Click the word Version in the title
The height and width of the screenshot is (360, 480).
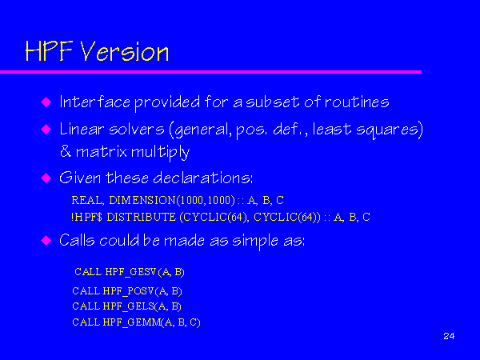pyautogui.click(x=125, y=51)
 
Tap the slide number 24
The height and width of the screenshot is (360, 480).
pyautogui.click(x=449, y=336)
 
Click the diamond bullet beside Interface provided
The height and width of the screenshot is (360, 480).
pyautogui.click(x=46, y=102)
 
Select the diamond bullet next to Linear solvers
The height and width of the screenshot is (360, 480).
pyautogui.click(x=46, y=129)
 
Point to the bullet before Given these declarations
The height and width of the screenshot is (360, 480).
pyautogui.click(x=46, y=178)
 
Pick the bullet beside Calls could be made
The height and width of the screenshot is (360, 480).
pyautogui.click(x=46, y=240)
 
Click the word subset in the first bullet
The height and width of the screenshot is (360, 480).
pyautogui.click(x=273, y=102)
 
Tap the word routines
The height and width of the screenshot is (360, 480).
pyautogui.click(x=357, y=102)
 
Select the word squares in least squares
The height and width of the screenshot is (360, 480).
pyautogui.click(x=387, y=130)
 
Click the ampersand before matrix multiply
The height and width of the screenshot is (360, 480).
pyautogui.click(x=66, y=151)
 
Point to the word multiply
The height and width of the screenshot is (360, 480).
pyautogui.click(x=161, y=152)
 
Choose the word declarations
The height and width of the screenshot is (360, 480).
pyautogui.click(x=202, y=178)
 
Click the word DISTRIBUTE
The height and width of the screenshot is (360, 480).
pyautogui.click(x=142, y=217)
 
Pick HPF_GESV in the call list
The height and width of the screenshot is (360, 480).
pyautogui.click(x=130, y=272)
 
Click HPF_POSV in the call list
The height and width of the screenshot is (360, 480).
pyautogui.click(x=128, y=291)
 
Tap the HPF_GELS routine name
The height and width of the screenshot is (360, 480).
pyautogui.click(x=128, y=306)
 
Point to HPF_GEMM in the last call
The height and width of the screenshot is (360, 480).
pyautogui.click(x=132, y=322)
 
